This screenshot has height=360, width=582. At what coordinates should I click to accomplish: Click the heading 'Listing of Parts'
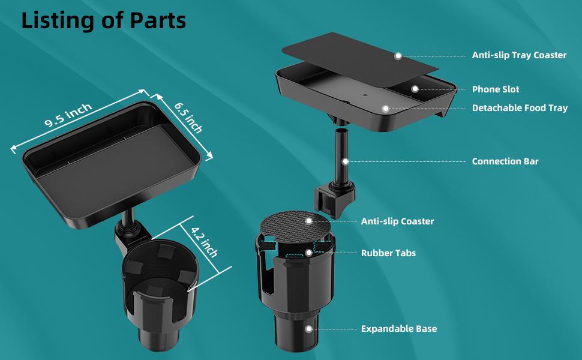(x=104, y=20)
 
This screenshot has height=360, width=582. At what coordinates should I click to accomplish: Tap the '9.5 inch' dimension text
(x=68, y=115)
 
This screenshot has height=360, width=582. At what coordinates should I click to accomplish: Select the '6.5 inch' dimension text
(x=188, y=118)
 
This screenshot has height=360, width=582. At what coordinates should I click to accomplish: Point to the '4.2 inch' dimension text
(x=204, y=242)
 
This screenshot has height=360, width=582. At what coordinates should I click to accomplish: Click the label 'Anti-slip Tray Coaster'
(x=519, y=55)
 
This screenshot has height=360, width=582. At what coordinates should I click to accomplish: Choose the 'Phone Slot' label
(x=496, y=89)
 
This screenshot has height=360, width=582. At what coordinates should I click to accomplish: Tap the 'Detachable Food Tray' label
(x=520, y=108)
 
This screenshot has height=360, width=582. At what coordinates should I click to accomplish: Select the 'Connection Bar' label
(x=505, y=161)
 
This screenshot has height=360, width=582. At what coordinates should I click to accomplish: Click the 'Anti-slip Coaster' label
(x=398, y=221)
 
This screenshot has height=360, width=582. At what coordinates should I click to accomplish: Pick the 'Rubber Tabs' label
(x=388, y=253)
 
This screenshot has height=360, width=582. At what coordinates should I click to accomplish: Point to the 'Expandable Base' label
(x=399, y=329)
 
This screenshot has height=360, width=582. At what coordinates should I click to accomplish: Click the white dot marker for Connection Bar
(x=345, y=161)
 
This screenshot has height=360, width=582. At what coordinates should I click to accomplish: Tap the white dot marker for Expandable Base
(x=308, y=329)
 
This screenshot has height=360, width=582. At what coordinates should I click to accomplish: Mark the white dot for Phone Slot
(x=415, y=89)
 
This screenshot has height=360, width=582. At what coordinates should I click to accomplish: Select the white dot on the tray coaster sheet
(x=398, y=56)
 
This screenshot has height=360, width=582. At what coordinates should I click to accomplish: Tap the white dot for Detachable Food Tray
(x=386, y=109)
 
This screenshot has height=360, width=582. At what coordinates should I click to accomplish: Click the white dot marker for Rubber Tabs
(x=308, y=253)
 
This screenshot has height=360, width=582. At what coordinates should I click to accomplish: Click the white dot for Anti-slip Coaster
(x=308, y=221)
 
